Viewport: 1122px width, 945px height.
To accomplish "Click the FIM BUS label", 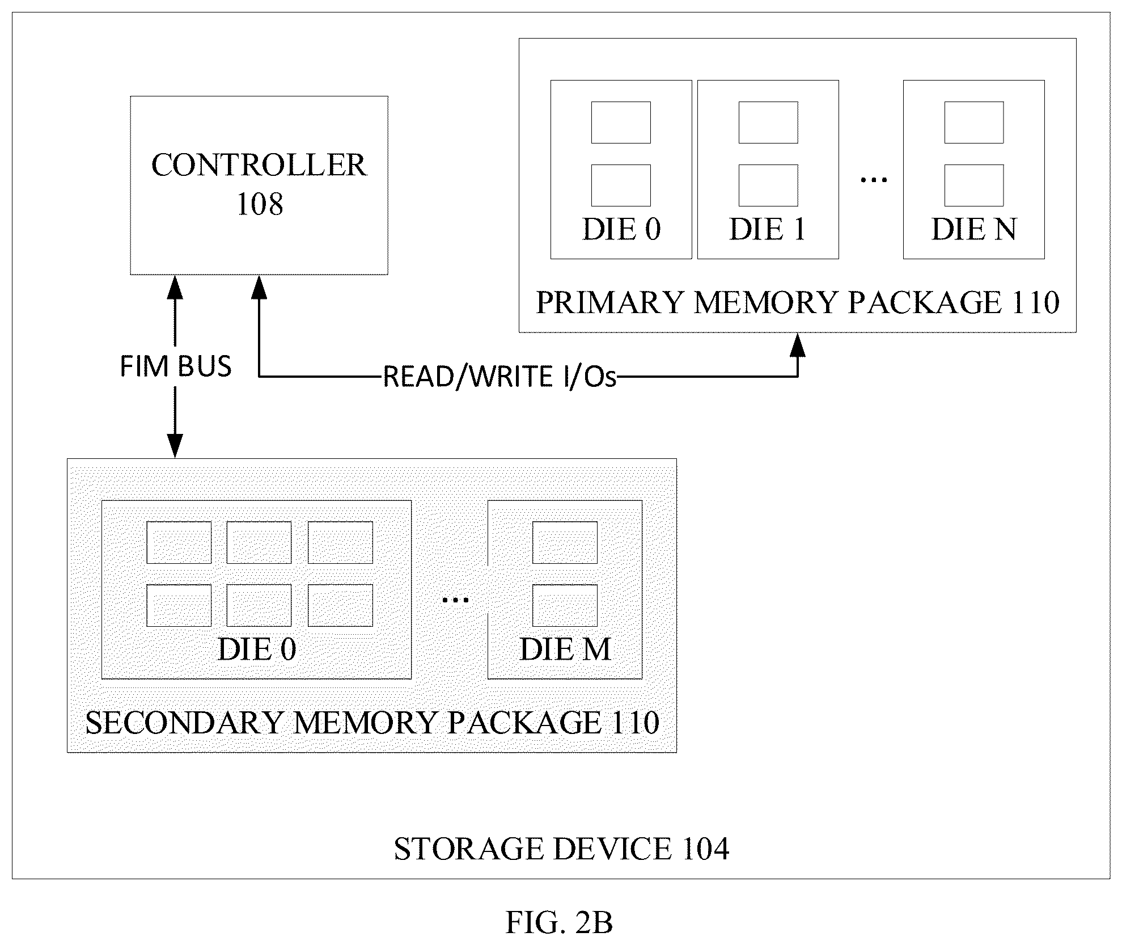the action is (x=176, y=366).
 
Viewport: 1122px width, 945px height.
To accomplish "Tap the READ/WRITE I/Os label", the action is (x=499, y=377).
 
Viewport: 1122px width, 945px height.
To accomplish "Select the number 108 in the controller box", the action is (x=259, y=204).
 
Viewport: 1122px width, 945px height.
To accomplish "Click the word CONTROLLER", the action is (x=259, y=165).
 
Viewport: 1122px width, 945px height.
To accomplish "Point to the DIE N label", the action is (x=974, y=230).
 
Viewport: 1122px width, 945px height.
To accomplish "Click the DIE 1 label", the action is (x=768, y=230).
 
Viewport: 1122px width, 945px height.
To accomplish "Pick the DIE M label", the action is (x=565, y=649).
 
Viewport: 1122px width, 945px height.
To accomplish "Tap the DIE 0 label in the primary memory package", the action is (x=621, y=230).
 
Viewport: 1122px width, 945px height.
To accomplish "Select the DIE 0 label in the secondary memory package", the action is (x=257, y=649).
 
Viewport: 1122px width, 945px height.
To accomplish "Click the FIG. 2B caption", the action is (x=559, y=923).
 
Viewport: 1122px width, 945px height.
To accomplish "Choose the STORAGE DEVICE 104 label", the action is (x=561, y=850).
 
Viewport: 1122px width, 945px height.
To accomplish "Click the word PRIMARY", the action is (x=609, y=302).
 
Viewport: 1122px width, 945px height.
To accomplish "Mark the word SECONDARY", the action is (x=184, y=723).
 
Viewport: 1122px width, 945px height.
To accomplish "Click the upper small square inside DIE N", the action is (x=974, y=123).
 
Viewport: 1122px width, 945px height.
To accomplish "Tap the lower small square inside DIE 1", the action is (x=768, y=185).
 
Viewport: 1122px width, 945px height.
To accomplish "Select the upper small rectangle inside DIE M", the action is (x=565, y=543).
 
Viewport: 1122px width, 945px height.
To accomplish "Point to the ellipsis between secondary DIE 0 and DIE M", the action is (x=455, y=599).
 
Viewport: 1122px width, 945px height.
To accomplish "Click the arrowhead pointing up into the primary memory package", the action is (x=798, y=345).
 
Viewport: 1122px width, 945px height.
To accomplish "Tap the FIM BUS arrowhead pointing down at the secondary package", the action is (x=175, y=446).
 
